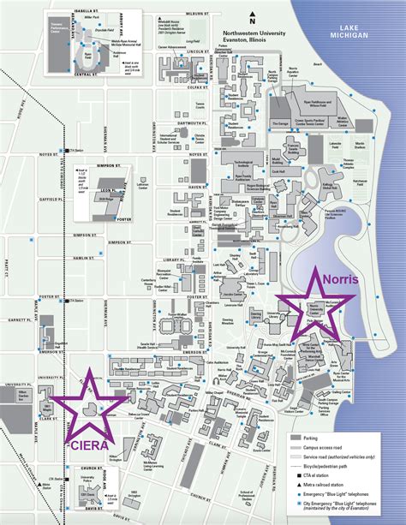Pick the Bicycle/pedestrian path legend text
[x=331, y=464]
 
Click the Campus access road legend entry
[x=330, y=446]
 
